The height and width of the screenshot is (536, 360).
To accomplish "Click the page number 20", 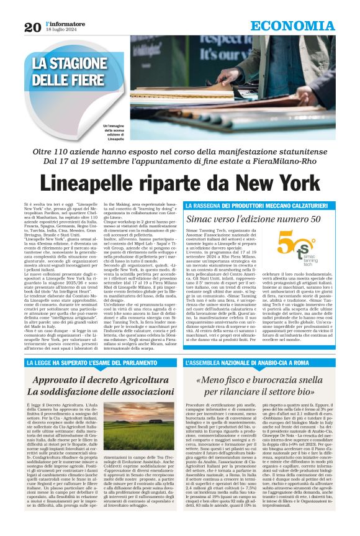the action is pos(32,27).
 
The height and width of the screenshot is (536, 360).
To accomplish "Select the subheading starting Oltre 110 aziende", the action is pos(180,152).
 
